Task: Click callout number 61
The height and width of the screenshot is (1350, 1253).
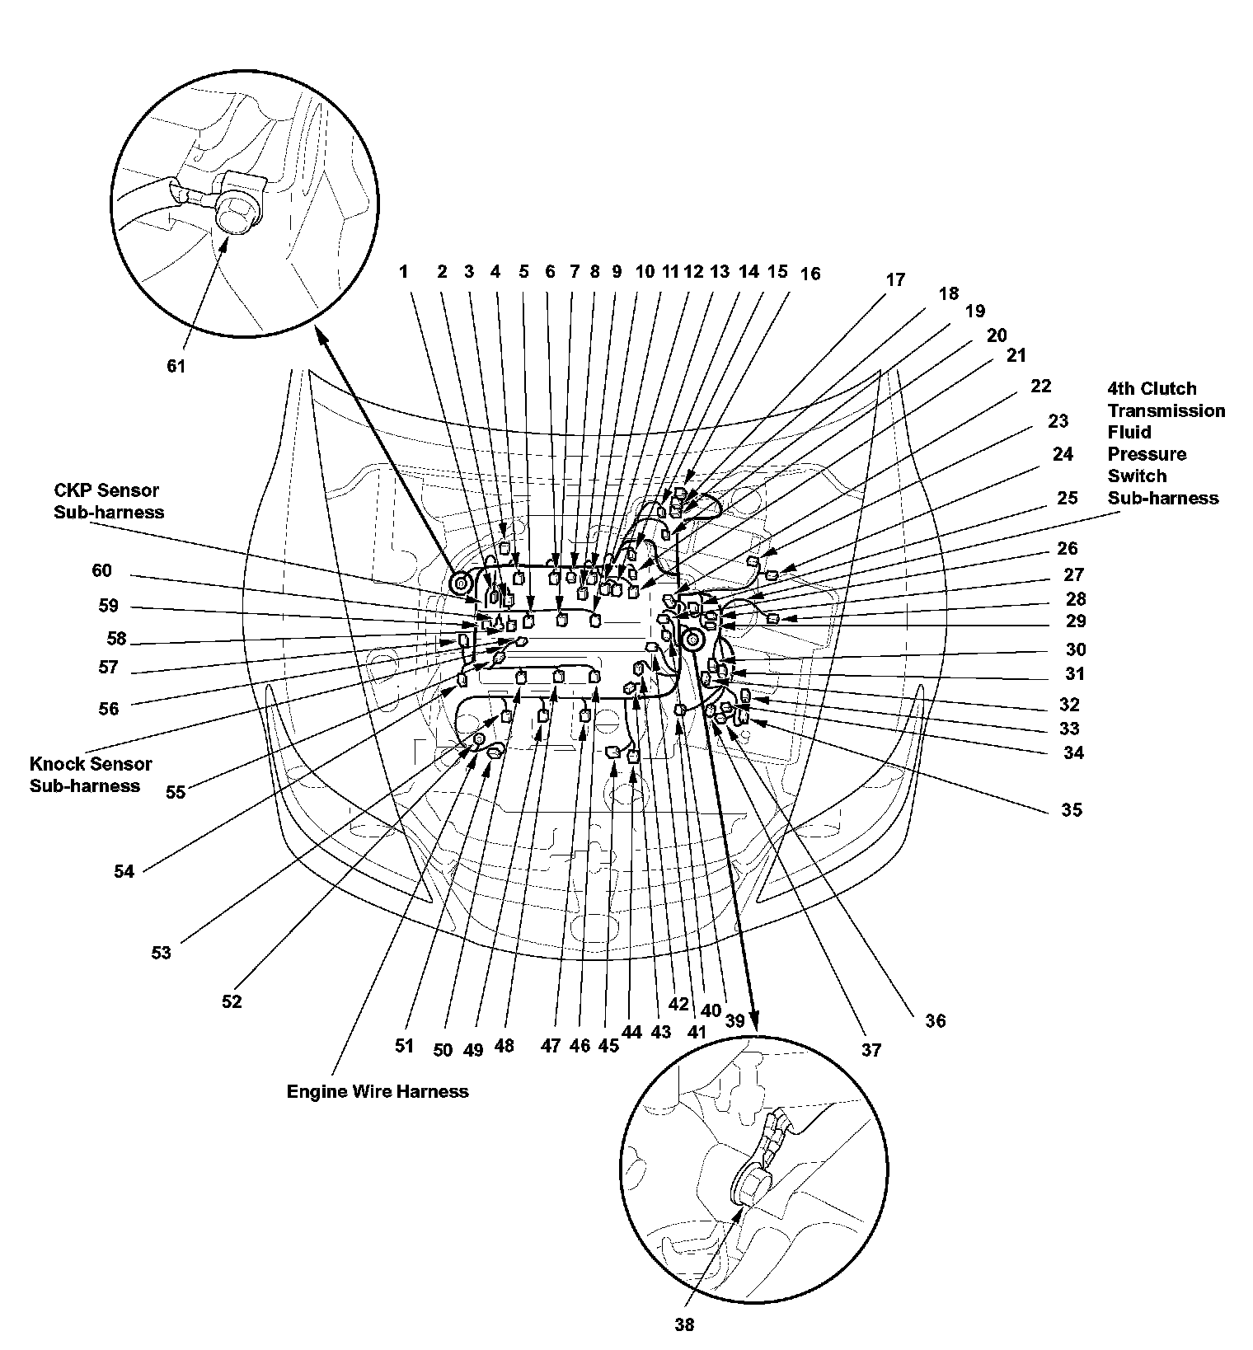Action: [176, 366]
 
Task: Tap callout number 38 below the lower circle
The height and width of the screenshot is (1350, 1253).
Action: [684, 1324]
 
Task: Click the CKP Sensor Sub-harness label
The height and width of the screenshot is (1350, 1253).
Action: [109, 501]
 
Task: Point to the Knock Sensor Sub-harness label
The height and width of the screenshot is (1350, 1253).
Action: [91, 775]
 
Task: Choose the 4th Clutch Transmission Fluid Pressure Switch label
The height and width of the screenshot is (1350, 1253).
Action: [1165, 443]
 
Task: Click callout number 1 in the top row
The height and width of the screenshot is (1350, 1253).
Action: [404, 272]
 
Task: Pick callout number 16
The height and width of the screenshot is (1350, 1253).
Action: [810, 274]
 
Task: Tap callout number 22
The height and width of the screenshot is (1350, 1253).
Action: [1040, 386]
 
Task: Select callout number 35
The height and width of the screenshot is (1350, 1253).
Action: [1071, 809]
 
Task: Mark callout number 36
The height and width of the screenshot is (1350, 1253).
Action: [935, 1020]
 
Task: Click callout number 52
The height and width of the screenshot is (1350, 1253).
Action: [232, 1001]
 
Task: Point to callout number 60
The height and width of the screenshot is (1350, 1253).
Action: [101, 571]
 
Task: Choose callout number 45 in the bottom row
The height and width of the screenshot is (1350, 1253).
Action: [608, 1045]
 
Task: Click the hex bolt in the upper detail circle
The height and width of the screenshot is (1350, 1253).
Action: [237, 211]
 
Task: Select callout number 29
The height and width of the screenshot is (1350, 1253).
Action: [1076, 621]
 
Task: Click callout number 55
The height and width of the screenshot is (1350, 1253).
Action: [176, 792]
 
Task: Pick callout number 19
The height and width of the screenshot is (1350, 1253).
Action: [974, 311]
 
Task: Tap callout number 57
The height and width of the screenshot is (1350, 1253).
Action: [108, 667]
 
